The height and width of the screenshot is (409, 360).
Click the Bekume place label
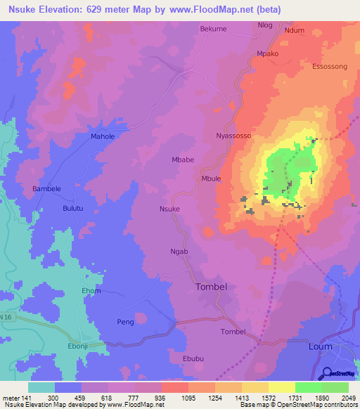click(x=214, y=29)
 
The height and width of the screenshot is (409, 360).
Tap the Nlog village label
click(x=265, y=25)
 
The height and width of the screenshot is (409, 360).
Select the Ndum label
click(x=294, y=30)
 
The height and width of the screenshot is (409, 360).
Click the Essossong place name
click(x=329, y=67)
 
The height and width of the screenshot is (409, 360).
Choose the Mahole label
click(x=103, y=136)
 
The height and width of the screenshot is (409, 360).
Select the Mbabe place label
click(x=183, y=160)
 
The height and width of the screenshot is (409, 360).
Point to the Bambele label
click(x=48, y=189)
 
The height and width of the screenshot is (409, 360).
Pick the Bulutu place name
click(x=73, y=209)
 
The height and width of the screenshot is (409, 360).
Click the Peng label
click(x=125, y=322)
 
